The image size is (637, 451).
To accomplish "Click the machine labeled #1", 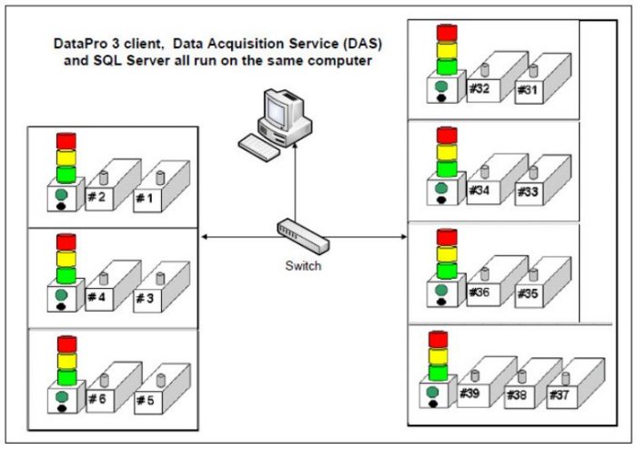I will tap(151, 199).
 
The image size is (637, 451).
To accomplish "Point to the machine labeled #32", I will tap(480, 90).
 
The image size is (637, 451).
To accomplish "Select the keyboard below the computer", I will tap(257, 143).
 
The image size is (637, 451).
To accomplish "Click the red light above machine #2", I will tap(66, 141).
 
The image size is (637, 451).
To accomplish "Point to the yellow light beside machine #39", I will tap(438, 354).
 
